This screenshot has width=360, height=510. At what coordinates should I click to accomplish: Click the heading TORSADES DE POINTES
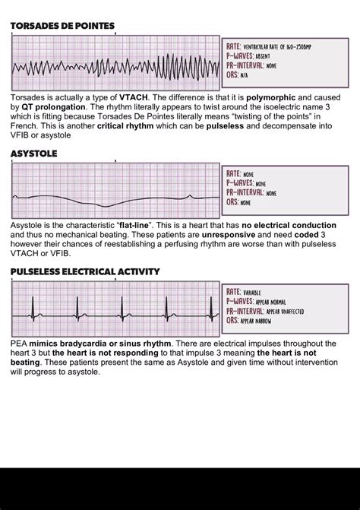pyautogui.click(x=62, y=26)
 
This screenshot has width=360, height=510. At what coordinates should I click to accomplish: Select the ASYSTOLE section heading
pyautogui.click(x=33, y=154)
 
